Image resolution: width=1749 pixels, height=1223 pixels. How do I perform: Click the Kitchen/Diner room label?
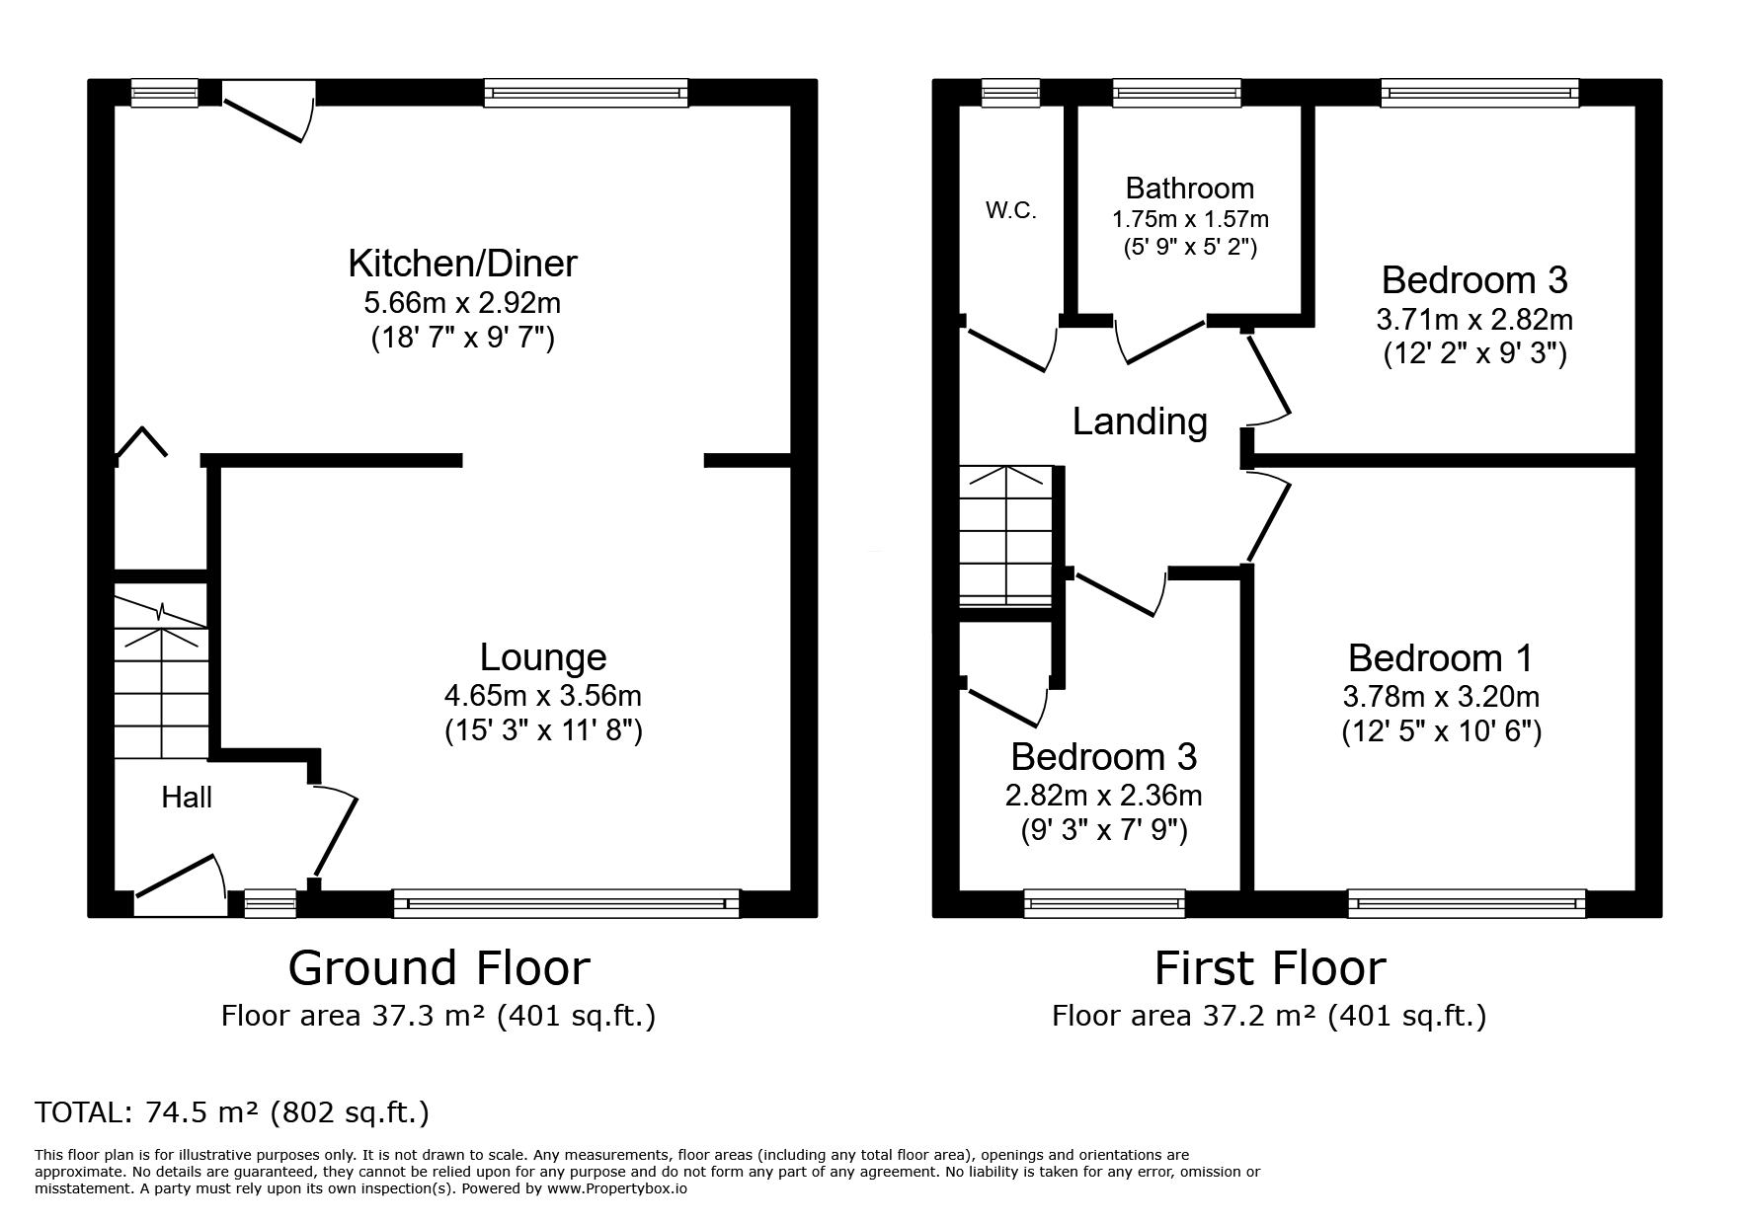[x=462, y=264]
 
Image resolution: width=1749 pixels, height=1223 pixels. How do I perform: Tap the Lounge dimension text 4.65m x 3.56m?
[x=543, y=696]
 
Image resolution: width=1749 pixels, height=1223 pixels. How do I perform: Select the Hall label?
[x=187, y=798]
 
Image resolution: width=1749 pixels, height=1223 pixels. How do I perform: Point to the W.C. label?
[x=1010, y=210]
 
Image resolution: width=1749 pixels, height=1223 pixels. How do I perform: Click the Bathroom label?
[x=1190, y=189]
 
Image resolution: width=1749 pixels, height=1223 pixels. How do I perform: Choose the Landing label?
[x=1140, y=421]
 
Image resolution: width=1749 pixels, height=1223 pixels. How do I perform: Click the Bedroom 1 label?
[x=1441, y=657]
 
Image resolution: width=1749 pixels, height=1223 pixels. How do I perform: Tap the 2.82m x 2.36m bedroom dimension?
[x=1104, y=795]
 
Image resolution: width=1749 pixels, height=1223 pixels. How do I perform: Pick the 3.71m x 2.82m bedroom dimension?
[x=1474, y=319]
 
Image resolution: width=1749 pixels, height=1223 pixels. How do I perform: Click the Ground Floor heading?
[x=438, y=967]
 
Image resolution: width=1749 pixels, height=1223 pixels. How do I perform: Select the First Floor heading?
[x=1270, y=967]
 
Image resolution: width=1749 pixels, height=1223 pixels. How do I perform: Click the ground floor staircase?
[x=161, y=671]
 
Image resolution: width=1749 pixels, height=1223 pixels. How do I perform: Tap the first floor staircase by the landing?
[x=1006, y=536]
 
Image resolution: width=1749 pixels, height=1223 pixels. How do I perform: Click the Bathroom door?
[x=1160, y=341]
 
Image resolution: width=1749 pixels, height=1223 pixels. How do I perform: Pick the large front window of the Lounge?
[x=566, y=903]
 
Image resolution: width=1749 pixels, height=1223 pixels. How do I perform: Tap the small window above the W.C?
[x=1011, y=93]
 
